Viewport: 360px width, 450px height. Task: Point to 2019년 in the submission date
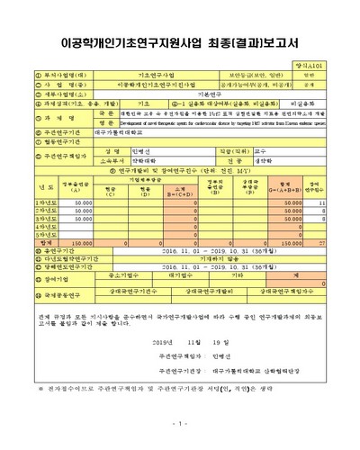(166, 342)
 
